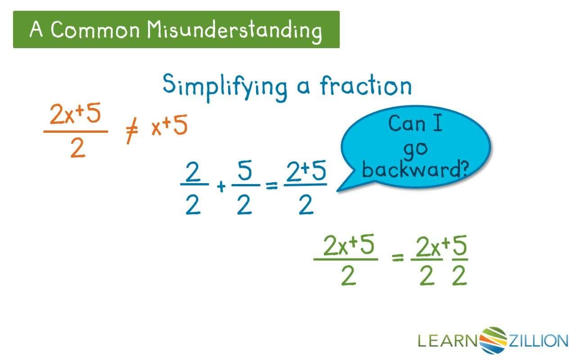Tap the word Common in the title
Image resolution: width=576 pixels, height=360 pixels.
click(95, 30)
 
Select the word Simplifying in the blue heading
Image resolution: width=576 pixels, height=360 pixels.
click(225, 88)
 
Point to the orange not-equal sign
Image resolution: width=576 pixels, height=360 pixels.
click(131, 130)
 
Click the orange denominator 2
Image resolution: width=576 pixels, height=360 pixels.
click(78, 148)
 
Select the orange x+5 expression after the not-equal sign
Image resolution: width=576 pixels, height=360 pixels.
click(169, 126)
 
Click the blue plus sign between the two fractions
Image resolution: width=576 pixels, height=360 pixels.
click(221, 186)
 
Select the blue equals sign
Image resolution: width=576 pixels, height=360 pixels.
click(272, 186)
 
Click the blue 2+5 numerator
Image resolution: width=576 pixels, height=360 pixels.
click(306, 171)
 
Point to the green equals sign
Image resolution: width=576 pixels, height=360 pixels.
click(397, 257)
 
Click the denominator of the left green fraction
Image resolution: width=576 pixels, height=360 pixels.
click(348, 276)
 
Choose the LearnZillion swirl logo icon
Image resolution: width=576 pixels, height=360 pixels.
click(493, 341)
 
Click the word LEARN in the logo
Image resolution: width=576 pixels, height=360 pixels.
click(448, 341)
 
